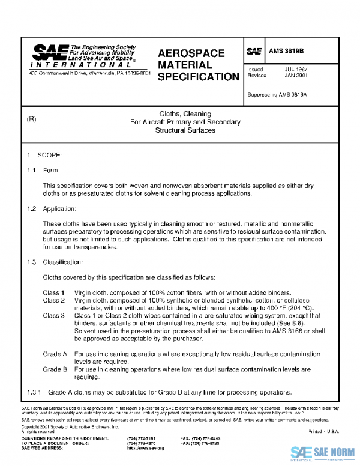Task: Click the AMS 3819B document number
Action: [x=285, y=52]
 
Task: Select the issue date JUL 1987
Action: [x=295, y=70]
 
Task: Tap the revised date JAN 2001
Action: [x=295, y=76]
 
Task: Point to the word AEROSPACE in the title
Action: [x=191, y=53]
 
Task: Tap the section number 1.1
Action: [x=32, y=171]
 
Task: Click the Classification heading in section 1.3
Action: [x=63, y=262]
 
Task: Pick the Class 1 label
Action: [x=54, y=292]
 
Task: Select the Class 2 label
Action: [x=54, y=300]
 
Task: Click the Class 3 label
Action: [x=54, y=315]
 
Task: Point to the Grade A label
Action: [x=55, y=354]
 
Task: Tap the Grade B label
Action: [x=55, y=369]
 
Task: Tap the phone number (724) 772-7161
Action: [x=144, y=438]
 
